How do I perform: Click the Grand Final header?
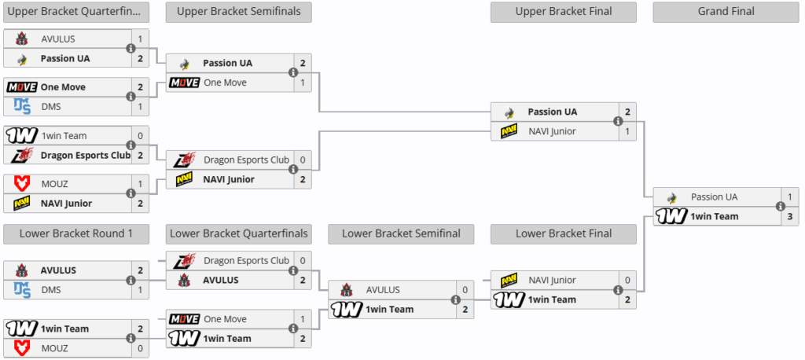(726, 12)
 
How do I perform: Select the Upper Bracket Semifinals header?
(238, 12)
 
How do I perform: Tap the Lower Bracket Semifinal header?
(401, 233)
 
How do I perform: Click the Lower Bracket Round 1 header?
(76, 233)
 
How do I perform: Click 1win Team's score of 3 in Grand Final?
(790, 216)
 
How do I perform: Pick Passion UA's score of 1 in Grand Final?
(790, 197)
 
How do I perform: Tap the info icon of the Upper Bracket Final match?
(618, 122)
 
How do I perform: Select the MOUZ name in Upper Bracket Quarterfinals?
(55, 184)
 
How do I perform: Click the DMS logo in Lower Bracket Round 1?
(22, 290)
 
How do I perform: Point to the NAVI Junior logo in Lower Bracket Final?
(509, 280)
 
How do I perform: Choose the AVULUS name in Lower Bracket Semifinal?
(383, 290)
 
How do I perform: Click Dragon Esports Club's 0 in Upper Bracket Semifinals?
(303, 160)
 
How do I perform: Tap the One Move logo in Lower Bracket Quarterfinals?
(184, 319)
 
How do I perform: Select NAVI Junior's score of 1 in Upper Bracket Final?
(627, 131)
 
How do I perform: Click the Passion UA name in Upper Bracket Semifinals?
(227, 64)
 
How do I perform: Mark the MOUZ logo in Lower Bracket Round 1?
(22, 348)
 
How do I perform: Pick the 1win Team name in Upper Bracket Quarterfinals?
(64, 136)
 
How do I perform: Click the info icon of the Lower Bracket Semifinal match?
(455, 299)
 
